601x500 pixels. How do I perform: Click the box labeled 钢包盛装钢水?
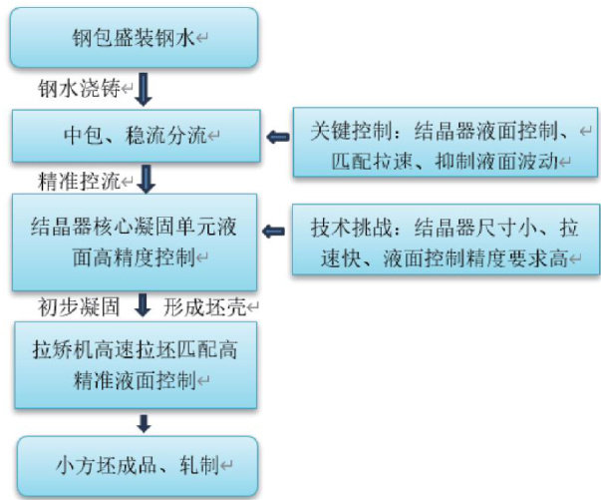(x=136, y=39)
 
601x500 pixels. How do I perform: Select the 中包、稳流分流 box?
(x=136, y=135)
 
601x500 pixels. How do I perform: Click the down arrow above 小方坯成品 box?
(x=145, y=422)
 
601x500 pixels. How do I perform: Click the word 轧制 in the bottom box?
(x=199, y=466)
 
